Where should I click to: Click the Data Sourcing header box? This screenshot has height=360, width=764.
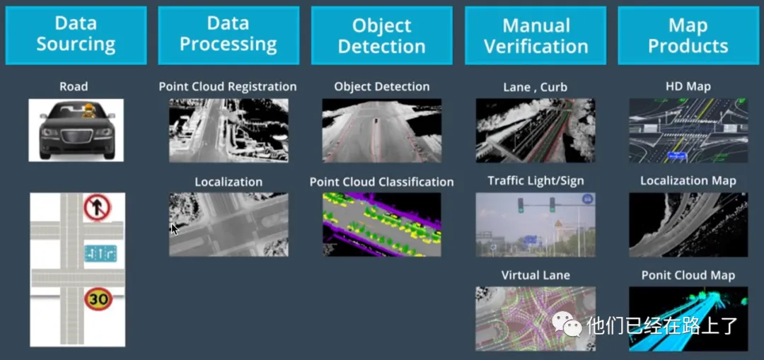point(76,35)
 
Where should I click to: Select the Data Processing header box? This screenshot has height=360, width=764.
point(228,35)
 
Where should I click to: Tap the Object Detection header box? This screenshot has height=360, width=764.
point(381,35)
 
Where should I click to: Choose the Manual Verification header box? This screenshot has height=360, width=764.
point(536,35)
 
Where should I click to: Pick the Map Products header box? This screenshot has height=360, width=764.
point(688,35)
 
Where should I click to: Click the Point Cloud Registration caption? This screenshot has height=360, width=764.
point(228,87)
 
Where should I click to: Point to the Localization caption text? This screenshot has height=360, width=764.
point(228,182)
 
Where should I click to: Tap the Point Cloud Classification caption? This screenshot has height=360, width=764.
point(381,182)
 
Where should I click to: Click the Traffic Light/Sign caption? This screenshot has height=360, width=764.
point(536,181)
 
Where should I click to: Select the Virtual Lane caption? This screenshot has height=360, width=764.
point(536,275)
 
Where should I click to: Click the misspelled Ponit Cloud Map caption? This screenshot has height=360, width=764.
point(688,275)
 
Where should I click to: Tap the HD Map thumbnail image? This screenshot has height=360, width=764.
point(688,131)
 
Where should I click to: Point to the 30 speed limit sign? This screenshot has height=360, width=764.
point(98,298)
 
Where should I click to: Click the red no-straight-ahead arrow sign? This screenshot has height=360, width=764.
point(98,208)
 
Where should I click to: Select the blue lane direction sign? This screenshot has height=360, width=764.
point(100,253)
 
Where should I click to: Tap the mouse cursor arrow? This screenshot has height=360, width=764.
point(175,228)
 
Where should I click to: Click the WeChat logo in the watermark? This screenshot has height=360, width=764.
point(567,325)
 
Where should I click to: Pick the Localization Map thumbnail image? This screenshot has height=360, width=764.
point(688,225)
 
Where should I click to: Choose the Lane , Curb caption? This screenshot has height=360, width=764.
point(535,88)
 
